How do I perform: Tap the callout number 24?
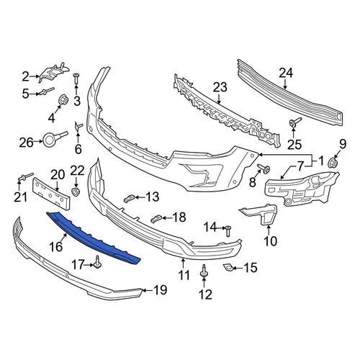click(286, 73)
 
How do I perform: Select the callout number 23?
click(220, 87)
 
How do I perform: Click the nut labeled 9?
click(333, 163)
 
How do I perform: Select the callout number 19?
click(161, 290)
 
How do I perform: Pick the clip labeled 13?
click(128, 198)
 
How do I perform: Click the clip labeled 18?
click(155, 218)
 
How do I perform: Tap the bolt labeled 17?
click(97, 262)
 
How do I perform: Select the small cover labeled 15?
click(226, 266)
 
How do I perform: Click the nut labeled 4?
click(63, 100)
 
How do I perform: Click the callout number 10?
click(270, 240)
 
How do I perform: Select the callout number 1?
click(321, 161)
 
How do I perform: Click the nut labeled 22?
click(76, 192)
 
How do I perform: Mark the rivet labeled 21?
click(25, 176)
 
